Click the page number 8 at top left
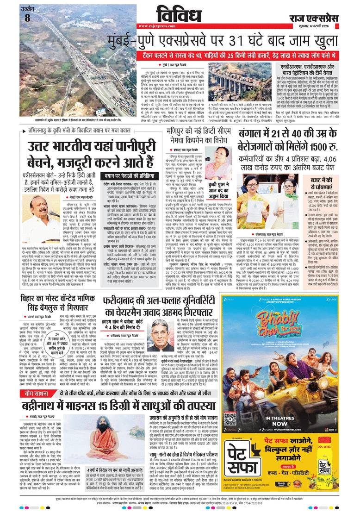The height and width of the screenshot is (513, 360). pos(27,18)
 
